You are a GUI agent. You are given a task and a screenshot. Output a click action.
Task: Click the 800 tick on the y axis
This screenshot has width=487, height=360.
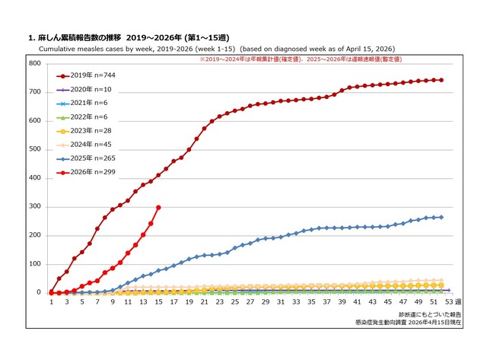pos(35,63)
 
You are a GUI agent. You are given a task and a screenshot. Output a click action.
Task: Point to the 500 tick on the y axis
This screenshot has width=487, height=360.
pos(35,149)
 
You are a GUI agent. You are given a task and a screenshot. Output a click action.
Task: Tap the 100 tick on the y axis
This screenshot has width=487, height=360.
pos(35,264)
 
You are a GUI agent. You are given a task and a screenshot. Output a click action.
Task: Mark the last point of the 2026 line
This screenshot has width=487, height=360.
pos(158,207)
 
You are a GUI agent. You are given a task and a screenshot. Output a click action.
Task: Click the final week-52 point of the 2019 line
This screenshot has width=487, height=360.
pos(441,80)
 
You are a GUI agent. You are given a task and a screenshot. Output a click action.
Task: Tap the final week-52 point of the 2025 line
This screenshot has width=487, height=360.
pos(441,217)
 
